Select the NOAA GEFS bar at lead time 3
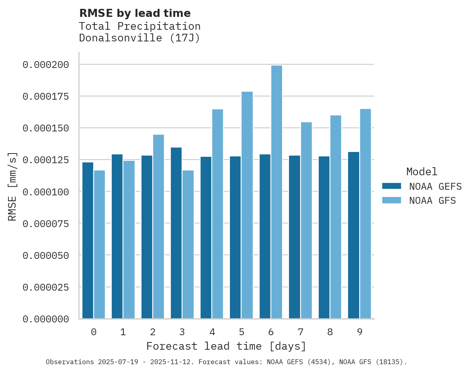pos(176,233)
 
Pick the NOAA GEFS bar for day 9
pos(354,235)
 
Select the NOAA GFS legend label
pos(432,201)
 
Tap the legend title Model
pos(422,172)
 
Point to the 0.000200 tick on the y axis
pos(46,65)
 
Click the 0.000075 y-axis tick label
pos(46,223)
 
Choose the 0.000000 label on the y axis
pos(46,319)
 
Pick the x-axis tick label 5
pos(241,332)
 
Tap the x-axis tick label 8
pos(330,332)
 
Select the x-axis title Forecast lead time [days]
pos(226,346)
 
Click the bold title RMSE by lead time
pos(135,13)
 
